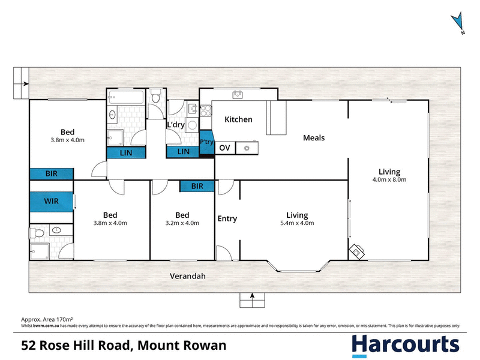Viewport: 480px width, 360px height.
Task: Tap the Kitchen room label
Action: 238,119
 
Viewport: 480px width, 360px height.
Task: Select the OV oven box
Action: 225,148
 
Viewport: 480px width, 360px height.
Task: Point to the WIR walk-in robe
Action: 52,202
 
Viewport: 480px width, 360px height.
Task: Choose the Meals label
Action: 314,138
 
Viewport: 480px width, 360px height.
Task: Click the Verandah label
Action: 188,276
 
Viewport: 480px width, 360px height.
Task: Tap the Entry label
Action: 227,218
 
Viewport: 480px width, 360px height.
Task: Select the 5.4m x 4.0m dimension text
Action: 297,223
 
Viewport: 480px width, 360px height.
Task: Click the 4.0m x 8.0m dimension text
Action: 389,179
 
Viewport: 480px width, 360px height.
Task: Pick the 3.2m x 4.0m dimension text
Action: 182,223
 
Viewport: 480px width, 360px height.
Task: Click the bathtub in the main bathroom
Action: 125,97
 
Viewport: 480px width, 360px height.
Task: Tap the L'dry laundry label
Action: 176,125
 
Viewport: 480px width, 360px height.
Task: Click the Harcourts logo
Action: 406,346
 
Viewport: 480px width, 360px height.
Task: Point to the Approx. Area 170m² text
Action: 47,320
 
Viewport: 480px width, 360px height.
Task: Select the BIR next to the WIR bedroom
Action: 52,174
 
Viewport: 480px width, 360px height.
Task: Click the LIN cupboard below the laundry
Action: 183,152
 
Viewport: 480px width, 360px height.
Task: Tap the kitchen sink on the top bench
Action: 238,95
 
